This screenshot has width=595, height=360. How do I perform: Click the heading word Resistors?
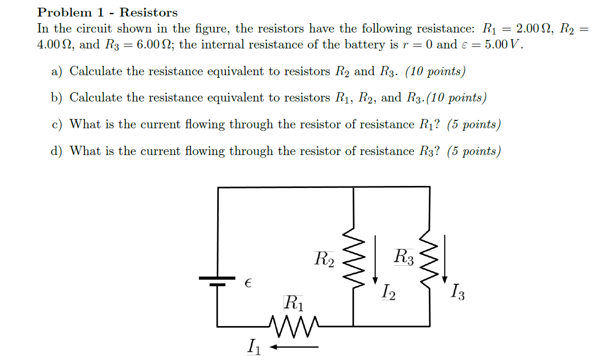tap(149, 12)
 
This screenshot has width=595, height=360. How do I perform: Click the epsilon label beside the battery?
tap(248, 283)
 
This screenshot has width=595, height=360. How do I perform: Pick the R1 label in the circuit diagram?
tap(293, 302)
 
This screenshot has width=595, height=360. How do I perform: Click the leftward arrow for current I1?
tap(294, 347)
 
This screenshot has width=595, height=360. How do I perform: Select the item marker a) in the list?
tap(57, 71)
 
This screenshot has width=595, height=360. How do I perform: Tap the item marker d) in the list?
tap(57, 151)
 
